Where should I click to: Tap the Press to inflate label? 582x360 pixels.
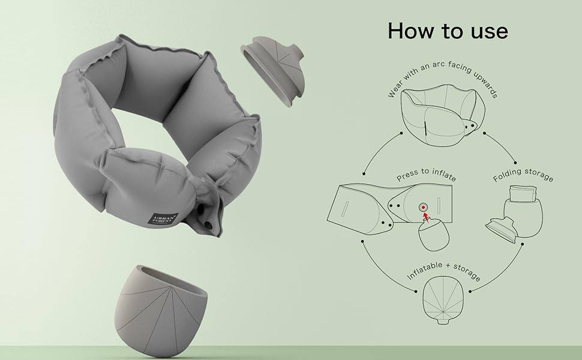425,179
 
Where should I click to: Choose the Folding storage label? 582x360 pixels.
523,178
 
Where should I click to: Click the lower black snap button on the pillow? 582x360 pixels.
210,224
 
